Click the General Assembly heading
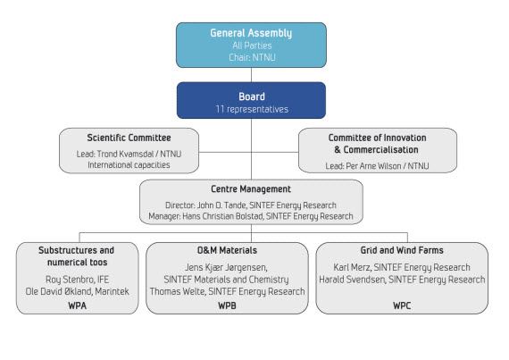(x=251, y=33)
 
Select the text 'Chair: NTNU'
(x=252, y=57)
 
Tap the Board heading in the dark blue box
(x=252, y=96)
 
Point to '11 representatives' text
(x=252, y=109)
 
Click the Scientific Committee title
(x=129, y=138)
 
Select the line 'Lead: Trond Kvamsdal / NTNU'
(x=129, y=154)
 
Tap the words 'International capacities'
(x=129, y=165)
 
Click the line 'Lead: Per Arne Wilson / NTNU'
(x=377, y=166)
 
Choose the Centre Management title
(x=251, y=188)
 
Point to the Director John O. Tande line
(x=251, y=205)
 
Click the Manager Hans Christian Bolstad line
(x=251, y=216)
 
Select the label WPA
(x=78, y=306)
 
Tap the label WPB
(x=227, y=306)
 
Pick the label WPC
(x=402, y=306)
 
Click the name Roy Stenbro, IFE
(x=78, y=280)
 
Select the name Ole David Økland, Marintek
(x=78, y=291)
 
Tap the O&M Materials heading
(x=227, y=250)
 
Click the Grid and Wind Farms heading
(x=402, y=250)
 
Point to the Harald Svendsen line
(x=402, y=280)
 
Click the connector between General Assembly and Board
(x=251, y=75)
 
